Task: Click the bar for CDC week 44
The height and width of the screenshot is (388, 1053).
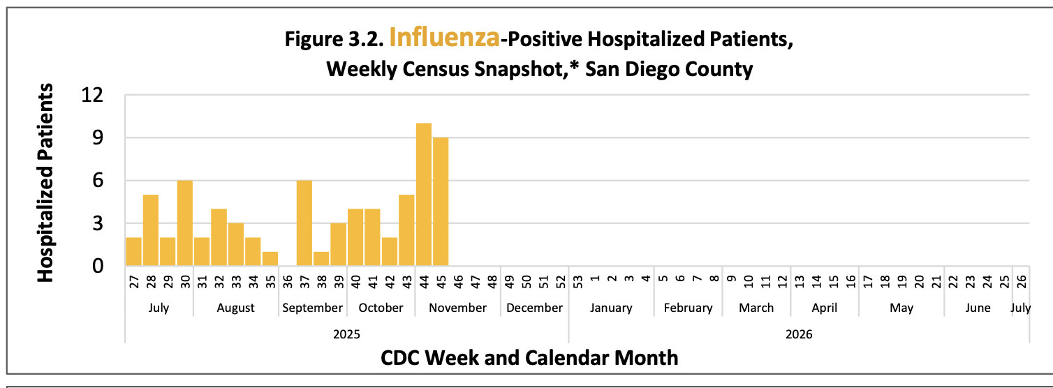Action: click(x=424, y=195)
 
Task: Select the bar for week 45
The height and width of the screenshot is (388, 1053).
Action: click(x=441, y=202)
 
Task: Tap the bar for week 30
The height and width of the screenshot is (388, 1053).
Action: click(x=185, y=223)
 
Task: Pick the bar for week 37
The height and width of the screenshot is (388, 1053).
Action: click(x=304, y=223)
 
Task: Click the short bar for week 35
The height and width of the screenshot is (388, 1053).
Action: click(x=270, y=259)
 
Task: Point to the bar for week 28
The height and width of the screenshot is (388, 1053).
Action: click(x=151, y=230)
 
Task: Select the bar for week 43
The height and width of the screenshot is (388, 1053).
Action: click(x=406, y=230)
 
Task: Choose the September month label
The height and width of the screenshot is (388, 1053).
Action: click(x=311, y=308)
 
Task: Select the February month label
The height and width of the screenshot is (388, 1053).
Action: click(x=688, y=308)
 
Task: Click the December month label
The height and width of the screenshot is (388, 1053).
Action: click(x=534, y=308)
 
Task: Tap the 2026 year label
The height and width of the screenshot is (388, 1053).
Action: click(x=799, y=334)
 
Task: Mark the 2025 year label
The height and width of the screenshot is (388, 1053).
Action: click(x=346, y=334)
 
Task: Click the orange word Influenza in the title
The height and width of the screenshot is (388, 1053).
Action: click(x=444, y=38)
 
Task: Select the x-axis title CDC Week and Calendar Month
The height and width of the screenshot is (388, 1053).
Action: click(x=529, y=358)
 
